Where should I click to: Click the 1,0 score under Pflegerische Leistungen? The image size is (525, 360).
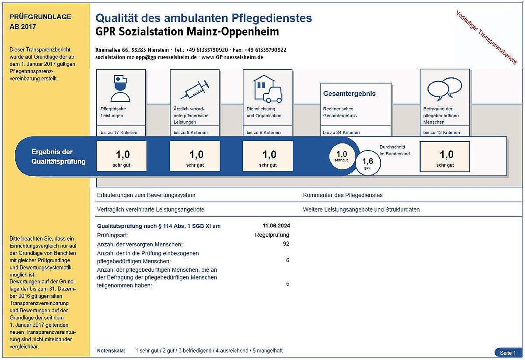pos(122,156)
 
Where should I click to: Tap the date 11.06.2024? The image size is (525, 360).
pos(276,226)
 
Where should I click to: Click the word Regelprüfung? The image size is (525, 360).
pos(272,235)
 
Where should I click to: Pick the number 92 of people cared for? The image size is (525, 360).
pos(286,244)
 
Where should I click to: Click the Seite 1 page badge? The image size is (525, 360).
pos(507,353)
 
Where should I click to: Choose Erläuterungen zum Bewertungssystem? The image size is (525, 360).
pos(146,195)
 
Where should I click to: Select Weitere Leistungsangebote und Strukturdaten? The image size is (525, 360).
pos(361,210)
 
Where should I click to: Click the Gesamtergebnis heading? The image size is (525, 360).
pos(349,94)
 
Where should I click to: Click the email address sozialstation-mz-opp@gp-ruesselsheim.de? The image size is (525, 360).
pos(146,57)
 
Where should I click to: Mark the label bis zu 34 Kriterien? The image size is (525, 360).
pos(341,132)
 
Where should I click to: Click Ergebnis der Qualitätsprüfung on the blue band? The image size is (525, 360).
pos(58,157)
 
